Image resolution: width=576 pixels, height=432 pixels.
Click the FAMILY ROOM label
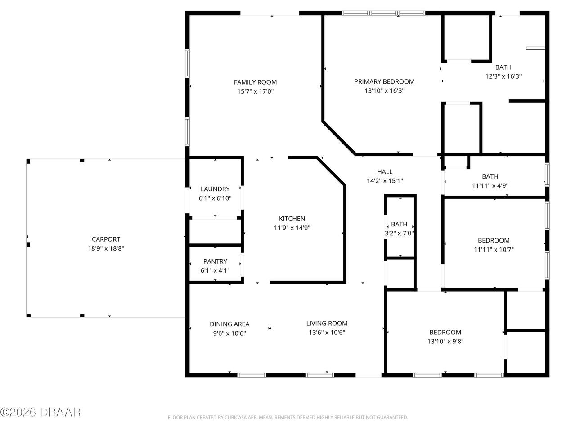[255, 82]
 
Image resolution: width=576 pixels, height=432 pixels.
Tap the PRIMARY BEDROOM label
[384, 81]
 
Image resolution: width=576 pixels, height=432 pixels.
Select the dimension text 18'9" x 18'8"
[106, 248]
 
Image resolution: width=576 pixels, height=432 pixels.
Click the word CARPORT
[106, 239]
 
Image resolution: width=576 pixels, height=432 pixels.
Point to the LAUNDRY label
[215, 189]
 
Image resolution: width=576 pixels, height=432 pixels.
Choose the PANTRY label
[215, 261]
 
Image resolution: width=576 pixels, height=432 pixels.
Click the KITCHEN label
[292, 219]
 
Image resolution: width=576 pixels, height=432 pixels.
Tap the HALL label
[385, 171]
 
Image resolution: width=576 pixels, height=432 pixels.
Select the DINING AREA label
[229, 324]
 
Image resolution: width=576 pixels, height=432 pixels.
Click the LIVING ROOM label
[327, 323]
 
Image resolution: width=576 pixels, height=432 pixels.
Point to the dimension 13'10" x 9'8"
[445, 341]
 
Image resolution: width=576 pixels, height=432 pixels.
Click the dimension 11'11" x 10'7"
[494, 249]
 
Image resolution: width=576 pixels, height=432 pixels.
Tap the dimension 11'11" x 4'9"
[490, 185]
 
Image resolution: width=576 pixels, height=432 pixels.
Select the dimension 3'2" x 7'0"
[399, 233]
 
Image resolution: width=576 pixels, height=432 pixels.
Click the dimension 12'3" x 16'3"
[503, 76]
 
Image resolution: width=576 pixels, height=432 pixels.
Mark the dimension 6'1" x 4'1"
[215, 270]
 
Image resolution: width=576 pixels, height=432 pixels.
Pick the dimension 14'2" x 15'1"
[385, 180]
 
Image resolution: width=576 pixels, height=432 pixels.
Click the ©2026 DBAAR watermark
[40, 412]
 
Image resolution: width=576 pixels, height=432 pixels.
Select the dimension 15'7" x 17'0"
[255, 91]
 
